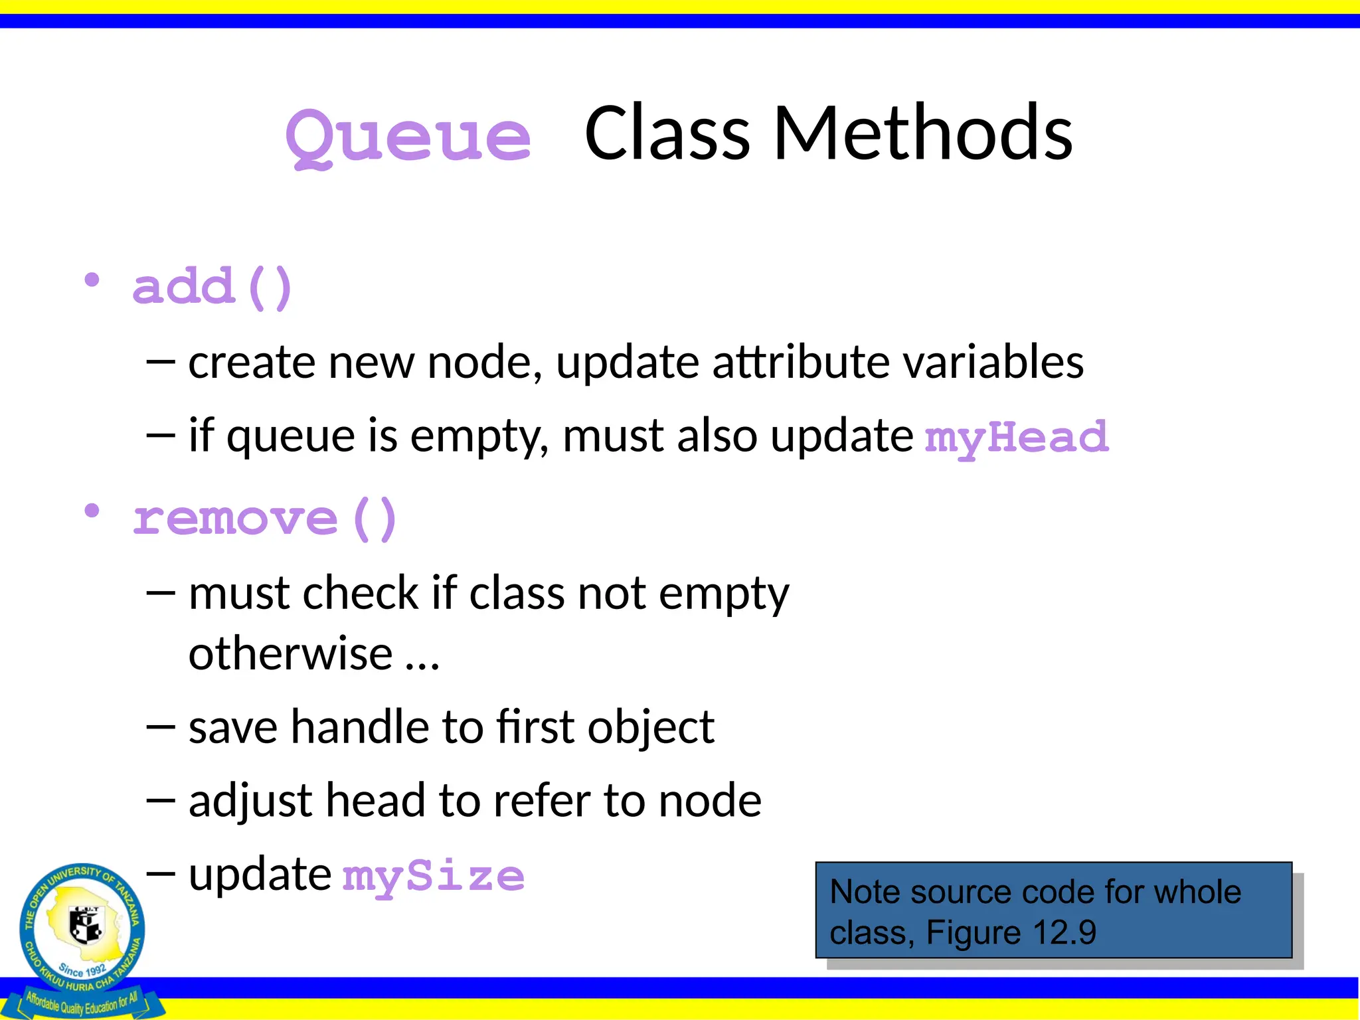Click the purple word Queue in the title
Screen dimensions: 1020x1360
(x=408, y=136)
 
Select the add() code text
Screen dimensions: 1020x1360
(x=212, y=287)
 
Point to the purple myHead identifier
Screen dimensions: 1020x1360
(x=1017, y=438)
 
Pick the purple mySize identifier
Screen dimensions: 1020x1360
(x=433, y=877)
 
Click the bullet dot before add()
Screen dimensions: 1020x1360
(x=92, y=280)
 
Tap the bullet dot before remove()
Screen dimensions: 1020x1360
(x=92, y=511)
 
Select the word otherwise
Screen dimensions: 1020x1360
(x=291, y=653)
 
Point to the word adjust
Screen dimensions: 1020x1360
(x=250, y=801)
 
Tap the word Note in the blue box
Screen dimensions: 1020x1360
(x=864, y=892)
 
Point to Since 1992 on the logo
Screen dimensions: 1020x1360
(x=82, y=970)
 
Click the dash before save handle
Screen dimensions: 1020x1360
(x=160, y=728)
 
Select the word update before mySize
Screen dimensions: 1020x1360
(x=260, y=875)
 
